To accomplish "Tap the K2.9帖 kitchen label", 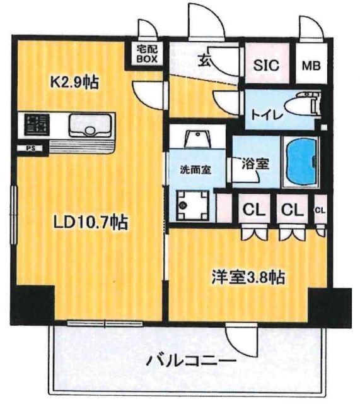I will (x=74, y=82).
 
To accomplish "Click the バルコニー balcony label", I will (x=191, y=362).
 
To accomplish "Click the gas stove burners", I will (x=33, y=124).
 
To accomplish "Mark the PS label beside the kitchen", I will (x=30, y=149).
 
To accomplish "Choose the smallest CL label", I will (x=320, y=210).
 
